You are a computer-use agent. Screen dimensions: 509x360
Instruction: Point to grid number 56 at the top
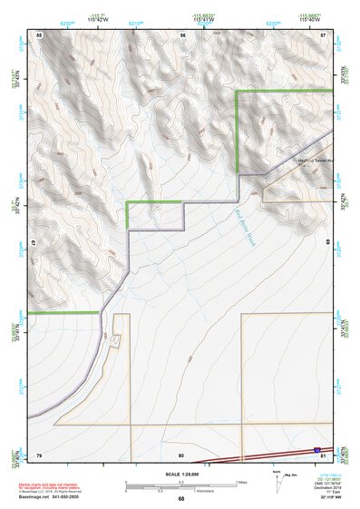(182, 34)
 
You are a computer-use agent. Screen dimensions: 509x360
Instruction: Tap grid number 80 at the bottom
(181, 455)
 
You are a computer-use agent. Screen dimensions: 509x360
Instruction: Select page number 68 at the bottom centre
(181, 498)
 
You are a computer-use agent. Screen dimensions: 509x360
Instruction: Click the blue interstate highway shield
(316, 449)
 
